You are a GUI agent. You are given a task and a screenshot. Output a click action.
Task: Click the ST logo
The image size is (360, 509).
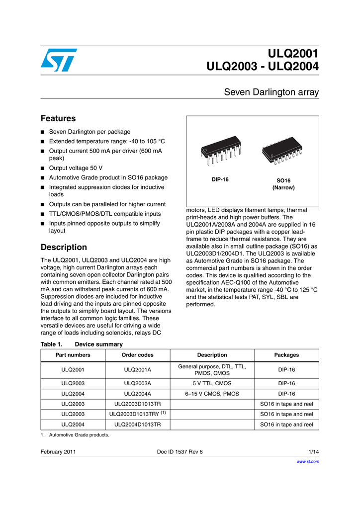[58, 60]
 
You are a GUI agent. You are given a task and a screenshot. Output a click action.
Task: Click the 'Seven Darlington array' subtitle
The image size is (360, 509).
[271, 92]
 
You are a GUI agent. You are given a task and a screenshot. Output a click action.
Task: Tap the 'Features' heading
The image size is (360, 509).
[58, 118]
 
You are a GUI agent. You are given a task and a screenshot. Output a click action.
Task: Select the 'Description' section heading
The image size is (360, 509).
[63, 247]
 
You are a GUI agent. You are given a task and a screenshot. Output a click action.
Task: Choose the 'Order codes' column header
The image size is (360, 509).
[137, 355]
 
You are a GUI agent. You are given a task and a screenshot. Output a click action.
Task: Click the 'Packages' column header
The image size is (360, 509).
[286, 355]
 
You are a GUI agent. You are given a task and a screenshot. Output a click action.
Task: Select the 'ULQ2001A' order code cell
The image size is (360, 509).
[137, 370]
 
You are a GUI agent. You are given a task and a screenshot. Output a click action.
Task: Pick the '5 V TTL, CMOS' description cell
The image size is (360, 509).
[212, 383]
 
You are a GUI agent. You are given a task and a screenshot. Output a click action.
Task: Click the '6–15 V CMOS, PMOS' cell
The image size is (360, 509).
[212, 394]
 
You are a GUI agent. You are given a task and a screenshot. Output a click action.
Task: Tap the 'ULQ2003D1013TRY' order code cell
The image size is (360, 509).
[137, 414]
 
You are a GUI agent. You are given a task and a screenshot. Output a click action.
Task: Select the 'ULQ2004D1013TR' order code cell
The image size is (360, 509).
[137, 424]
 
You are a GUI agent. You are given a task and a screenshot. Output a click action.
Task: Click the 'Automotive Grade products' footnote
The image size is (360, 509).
[78, 435]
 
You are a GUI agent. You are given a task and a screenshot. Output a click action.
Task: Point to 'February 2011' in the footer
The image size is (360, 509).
[58, 451]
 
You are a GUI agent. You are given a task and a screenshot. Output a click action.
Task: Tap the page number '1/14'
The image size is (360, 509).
[313, 451]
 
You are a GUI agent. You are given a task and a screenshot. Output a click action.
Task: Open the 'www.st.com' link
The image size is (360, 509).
[308, 461]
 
